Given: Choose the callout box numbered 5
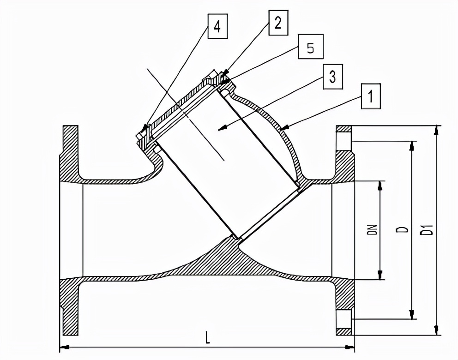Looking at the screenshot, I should click(310, 48).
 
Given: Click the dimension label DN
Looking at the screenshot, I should click(373, 229).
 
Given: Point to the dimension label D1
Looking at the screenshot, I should click(429, 229).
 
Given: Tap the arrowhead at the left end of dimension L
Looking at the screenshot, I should click(64, 347).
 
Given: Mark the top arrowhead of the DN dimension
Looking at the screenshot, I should click(380, 185).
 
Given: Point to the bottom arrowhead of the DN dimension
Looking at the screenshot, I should click(380, 276).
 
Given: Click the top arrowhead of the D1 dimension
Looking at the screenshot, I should click(436, 130).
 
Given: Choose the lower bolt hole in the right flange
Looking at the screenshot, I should click(344, 318).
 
